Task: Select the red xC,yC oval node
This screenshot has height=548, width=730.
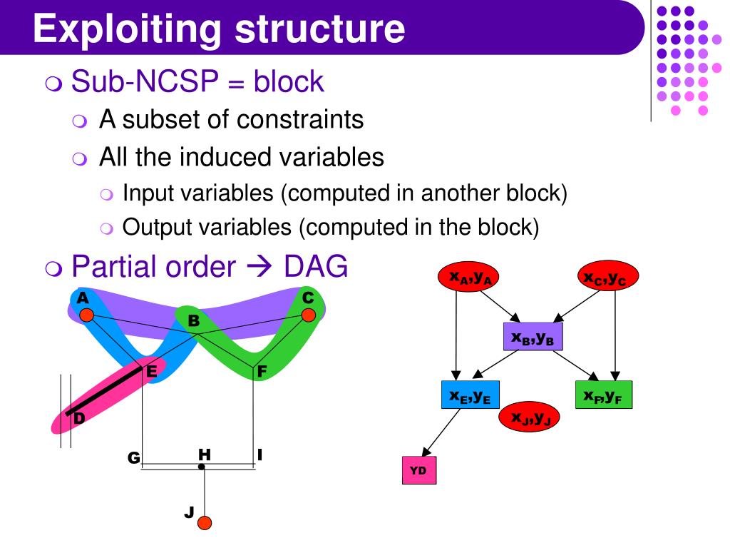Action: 607,278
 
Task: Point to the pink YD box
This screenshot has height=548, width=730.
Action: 418,470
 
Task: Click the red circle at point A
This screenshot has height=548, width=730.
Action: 86,315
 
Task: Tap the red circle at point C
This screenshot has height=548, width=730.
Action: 308,315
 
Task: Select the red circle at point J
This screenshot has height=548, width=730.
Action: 205,523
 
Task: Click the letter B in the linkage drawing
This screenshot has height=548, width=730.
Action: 192,322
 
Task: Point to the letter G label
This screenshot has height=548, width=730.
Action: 134,457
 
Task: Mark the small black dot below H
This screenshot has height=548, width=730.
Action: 202,467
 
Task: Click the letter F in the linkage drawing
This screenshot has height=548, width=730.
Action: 262,371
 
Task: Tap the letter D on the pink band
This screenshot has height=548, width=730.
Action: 78,419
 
